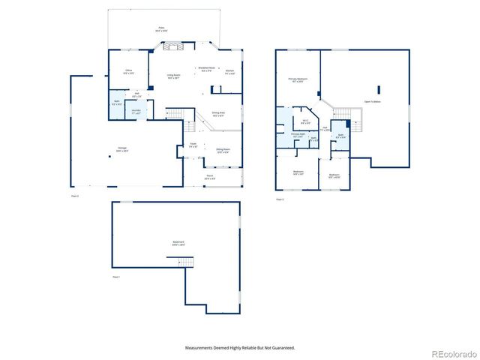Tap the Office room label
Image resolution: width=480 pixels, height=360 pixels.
(x=129, y=72)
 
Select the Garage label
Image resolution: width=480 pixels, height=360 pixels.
(x=121, y=150)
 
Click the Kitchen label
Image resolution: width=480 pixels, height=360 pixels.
(x=229, y=72)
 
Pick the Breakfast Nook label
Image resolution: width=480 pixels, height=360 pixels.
(x=206, y=69)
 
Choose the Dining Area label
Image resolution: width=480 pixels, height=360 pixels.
(x=218, y=115)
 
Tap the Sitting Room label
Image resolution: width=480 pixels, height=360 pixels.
(x=223, y=151)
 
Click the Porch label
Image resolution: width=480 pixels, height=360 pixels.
(x=210, y=178)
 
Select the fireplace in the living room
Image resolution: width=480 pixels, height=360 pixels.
(x=172, y=47)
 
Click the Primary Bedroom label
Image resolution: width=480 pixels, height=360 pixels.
(x=296, y=79)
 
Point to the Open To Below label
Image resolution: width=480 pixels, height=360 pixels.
(x=373, y=101)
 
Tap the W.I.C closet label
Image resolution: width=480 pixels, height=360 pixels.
(x=305, y=121)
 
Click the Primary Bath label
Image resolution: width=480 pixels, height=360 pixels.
(x=298, y=136)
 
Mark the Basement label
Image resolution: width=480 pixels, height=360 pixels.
(x=178, y=243)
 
